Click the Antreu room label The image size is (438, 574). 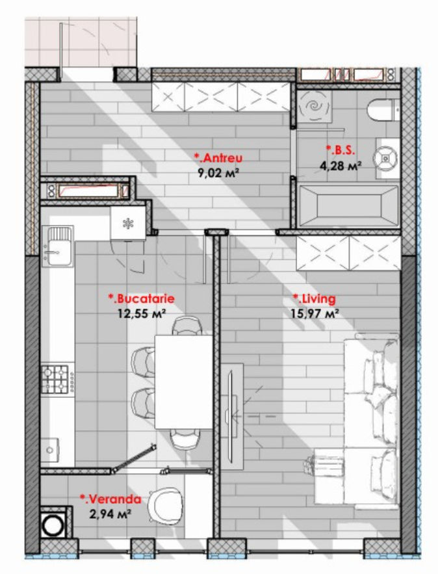click(218, 158)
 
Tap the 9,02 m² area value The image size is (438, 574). click(218, 172)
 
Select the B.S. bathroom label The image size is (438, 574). click(341, 150)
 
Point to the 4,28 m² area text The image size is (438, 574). click(341, 166)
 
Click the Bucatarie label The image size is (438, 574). click(141, 299)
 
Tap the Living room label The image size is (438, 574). click(315, 299)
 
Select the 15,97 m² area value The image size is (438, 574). click(315, 313)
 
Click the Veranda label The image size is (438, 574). click(110, 499)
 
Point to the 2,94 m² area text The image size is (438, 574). click(110, 514)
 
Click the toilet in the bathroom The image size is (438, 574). click(383, 109)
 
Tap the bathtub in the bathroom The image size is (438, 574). click(348, 206)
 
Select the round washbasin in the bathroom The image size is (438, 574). click(385, 158)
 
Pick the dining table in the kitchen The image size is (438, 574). click(184, 382)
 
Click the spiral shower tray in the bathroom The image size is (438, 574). click(315, 106)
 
